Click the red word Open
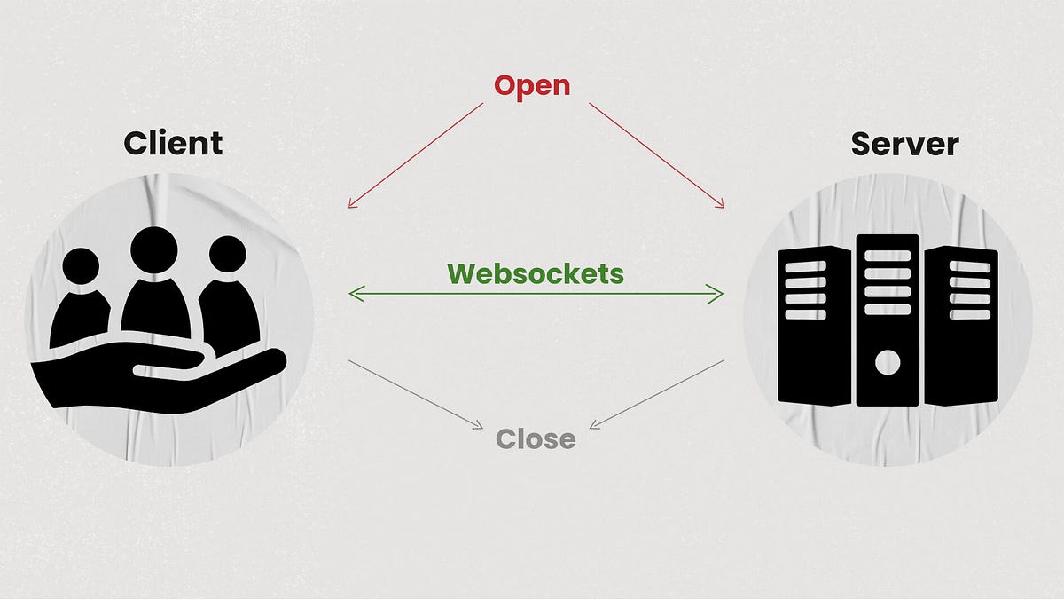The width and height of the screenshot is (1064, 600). (x=532, y=86)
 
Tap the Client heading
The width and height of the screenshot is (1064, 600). (x=173, y=143)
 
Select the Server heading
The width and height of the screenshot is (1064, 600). (x=904, y=143)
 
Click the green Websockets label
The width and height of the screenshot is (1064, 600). (x=536, y=273)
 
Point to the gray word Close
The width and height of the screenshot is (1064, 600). (x=536, y=438)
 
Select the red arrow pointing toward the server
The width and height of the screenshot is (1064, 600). (x=657, y=155)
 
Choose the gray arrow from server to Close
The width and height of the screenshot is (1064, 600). (x=657, y=394)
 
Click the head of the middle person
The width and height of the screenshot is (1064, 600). (x=154, y=249)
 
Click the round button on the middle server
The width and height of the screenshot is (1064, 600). (x=888, y=362)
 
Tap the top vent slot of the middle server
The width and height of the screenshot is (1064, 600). (x=888, y=256)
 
